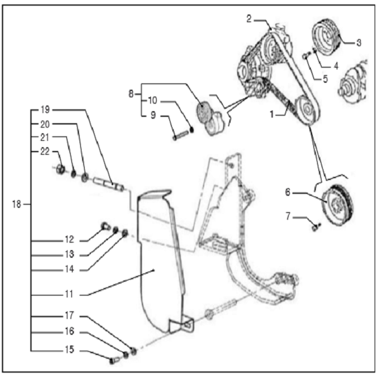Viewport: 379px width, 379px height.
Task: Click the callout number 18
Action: tap(18, 204)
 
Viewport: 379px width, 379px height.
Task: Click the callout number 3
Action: tap(358, 43)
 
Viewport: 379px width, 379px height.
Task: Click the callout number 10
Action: tap(153, 100)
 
